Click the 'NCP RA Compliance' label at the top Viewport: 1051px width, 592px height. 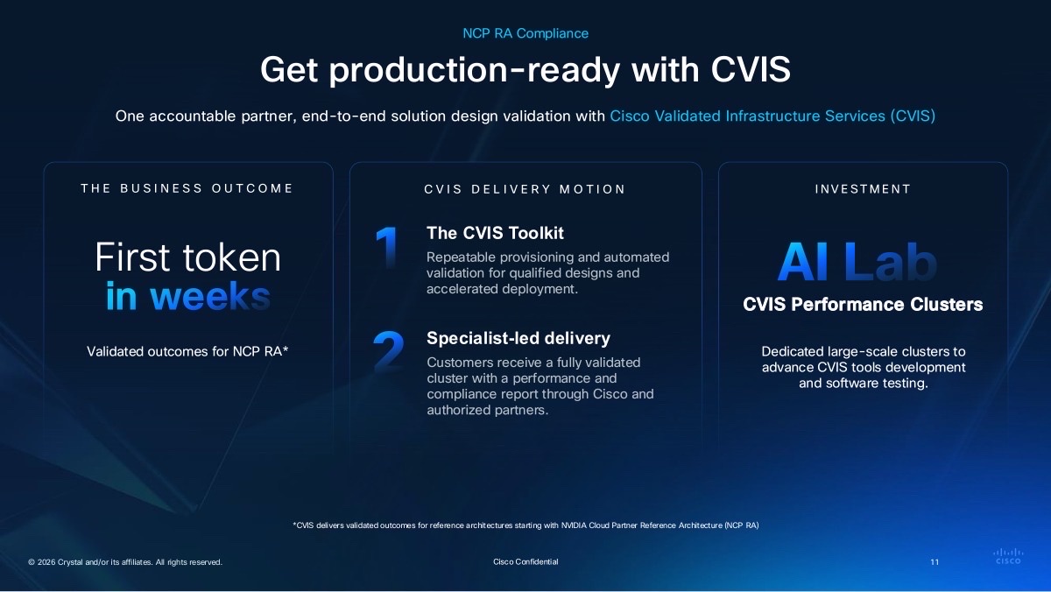pyautogui.click(x=525, y=33)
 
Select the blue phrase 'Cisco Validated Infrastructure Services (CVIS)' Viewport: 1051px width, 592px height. pyautogui.click(x=772, y=116)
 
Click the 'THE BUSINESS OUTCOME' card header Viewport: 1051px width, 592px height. pyautogui.click(x=187, y=188)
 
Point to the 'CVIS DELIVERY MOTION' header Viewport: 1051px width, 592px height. pyautogui.click(x=525, y=189)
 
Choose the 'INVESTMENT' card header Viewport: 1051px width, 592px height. pyautogui.click(x=863, y=189)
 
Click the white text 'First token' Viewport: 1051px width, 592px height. pyautogui.click(x=187, y=257)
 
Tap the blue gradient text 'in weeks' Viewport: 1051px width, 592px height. pyautogui.click(x=188, y=297)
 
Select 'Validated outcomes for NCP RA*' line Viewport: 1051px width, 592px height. pyautogui.click(x=187, y=351)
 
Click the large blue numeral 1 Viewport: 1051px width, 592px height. pyautogui.click(x=387, y=247)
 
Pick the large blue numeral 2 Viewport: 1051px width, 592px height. pyautogui.click(x=389, y=351)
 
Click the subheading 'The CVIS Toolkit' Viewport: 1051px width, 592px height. pyautogui.click(x=495, y=233)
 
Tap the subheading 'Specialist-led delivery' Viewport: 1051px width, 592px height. pyautogui.click(x=518, y=338)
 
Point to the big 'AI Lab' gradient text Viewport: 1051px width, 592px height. pyautogui.click(x=857, y=262)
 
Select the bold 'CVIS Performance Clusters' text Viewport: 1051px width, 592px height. pyautogui.click(x=863, y=305)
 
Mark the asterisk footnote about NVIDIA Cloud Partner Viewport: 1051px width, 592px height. pyautogui.click(x=525, y=525)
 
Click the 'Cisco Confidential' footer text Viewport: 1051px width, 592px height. pyautogui.click(x=525, y=562)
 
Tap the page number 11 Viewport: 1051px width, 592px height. pyautogui.click(x=935, y=562)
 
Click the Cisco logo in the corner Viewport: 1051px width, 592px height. pyautogui.click(x=1008, y=556)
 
